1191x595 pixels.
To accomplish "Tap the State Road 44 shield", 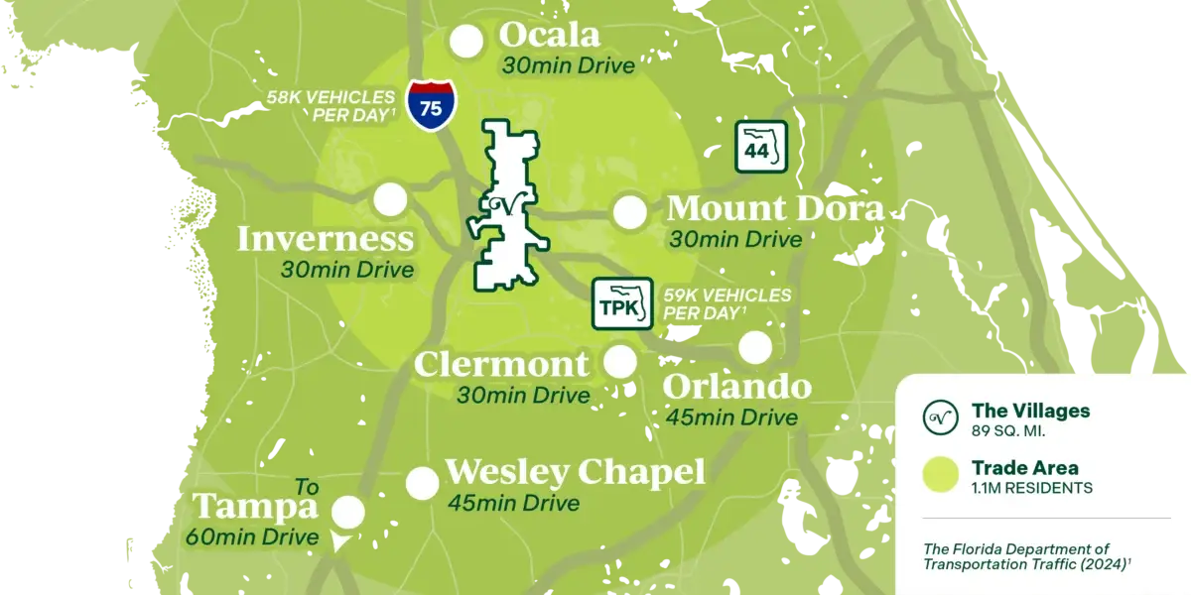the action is click(760, 146).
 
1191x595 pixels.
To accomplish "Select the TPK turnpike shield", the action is click(622, 303).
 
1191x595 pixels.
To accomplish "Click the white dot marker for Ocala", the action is click(466, 42).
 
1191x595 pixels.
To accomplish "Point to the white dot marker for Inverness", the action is click(390, 199).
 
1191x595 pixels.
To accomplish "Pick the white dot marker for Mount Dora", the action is click(629, 212).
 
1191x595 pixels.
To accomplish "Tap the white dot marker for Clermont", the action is click(620, 362).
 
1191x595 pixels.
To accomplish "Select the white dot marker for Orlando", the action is click(755, 348).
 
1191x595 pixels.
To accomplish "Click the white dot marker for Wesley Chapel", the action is click(423, 484).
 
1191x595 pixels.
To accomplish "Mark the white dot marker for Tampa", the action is click(347, 513).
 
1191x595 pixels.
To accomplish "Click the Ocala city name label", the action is click(550, 36).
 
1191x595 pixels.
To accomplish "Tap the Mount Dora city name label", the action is click(775, 209).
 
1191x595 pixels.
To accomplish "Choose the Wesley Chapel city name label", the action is click(576, 472).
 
